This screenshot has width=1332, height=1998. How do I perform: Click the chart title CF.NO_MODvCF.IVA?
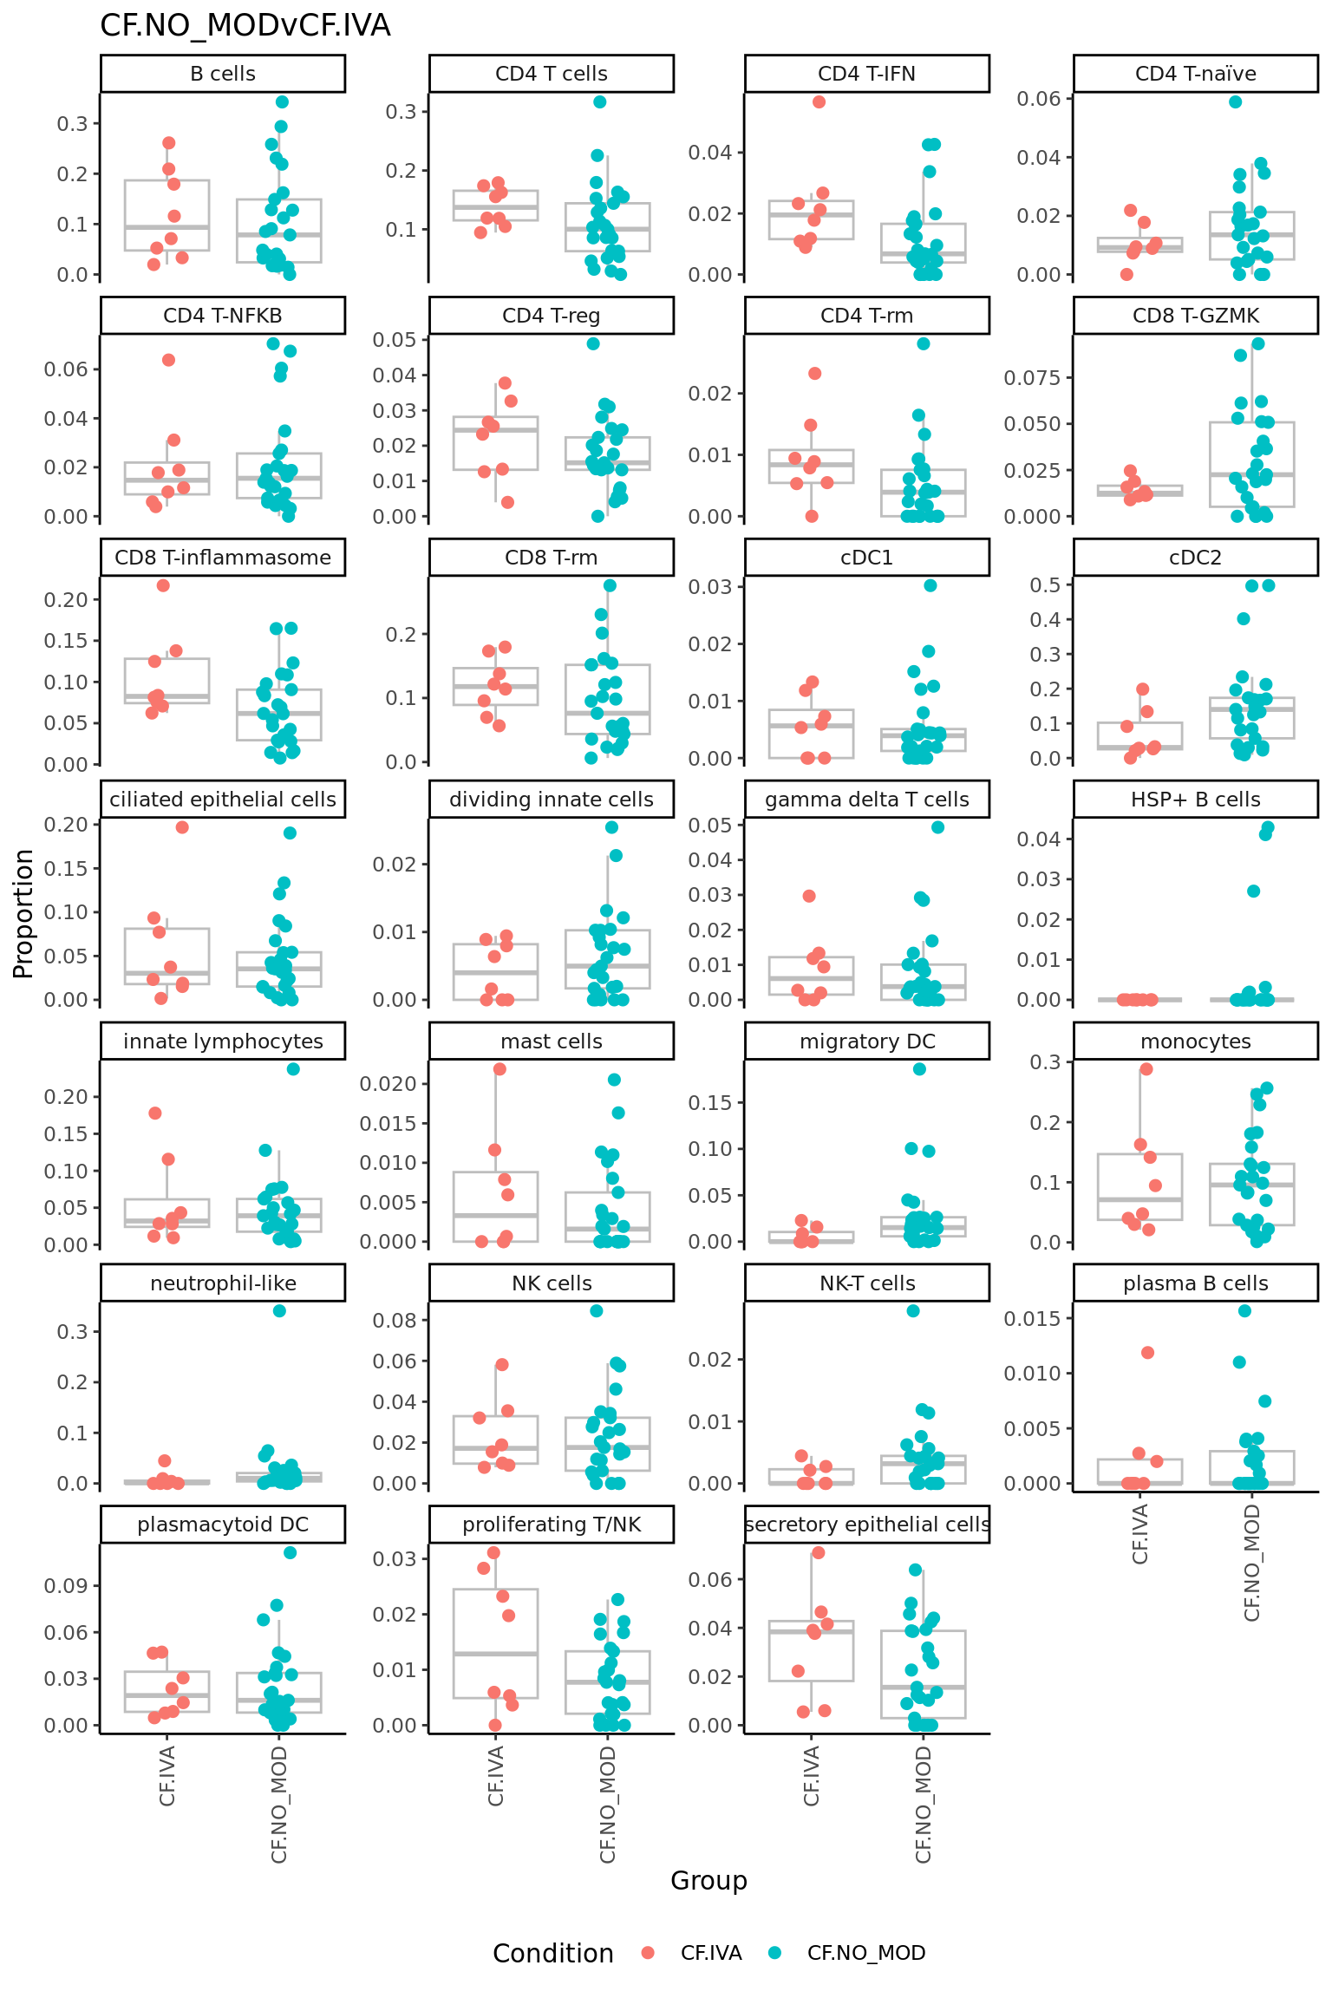245,26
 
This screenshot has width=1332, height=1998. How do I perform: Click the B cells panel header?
223,74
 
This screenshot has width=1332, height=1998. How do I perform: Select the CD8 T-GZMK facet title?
1195,316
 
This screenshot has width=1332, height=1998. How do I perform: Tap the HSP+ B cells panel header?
1195,800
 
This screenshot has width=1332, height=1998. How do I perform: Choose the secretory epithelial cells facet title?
867,1525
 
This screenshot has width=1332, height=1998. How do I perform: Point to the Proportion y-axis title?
23,913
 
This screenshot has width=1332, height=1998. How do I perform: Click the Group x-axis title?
708,1880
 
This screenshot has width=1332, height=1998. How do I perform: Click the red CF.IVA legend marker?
648,1953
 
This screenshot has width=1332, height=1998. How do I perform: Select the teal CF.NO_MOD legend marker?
774,1953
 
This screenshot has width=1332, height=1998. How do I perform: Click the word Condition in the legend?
553,1954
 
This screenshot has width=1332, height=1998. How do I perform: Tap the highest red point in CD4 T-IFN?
819,102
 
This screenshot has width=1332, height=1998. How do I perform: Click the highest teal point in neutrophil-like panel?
279,1311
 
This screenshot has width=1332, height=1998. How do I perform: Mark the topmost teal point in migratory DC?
919,1069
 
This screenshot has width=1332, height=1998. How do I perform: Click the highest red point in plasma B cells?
1147,1353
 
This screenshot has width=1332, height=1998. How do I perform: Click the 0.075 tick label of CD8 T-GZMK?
1032,378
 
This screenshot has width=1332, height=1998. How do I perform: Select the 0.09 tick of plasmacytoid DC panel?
66,1586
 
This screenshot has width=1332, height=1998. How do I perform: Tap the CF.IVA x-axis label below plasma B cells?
1140,1533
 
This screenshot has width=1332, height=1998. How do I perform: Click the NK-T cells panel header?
867,1283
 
